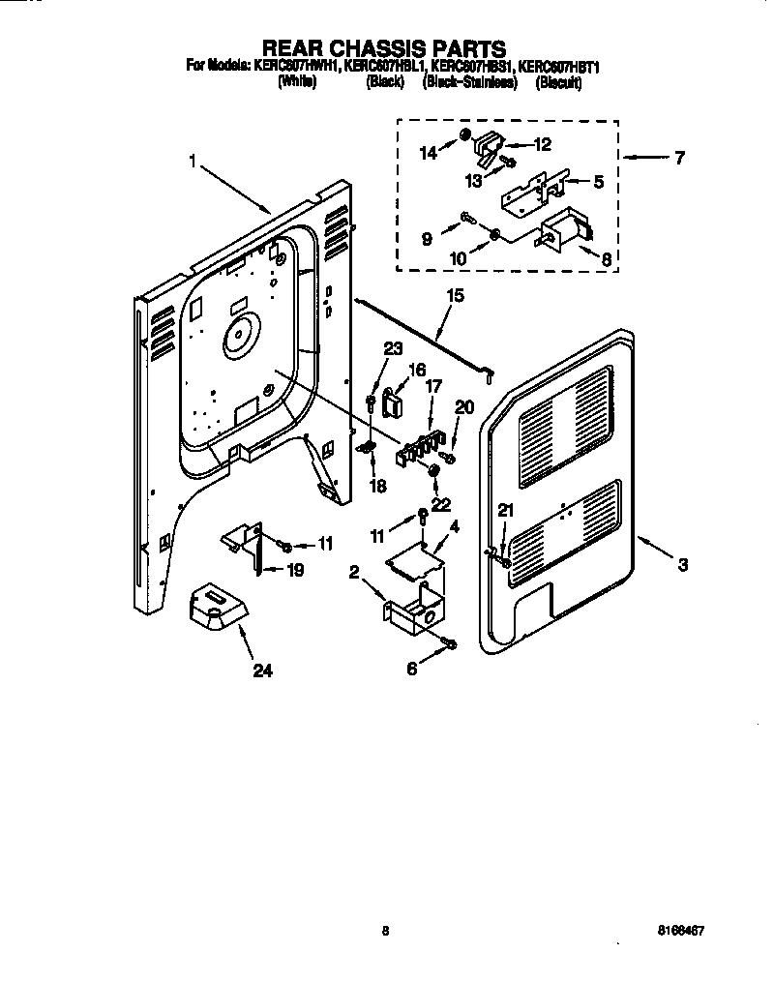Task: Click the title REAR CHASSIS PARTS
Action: [385, 47]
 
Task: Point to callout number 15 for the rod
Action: [454, 296]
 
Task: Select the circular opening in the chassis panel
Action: [236, 338]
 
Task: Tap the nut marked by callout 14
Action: [465, 133]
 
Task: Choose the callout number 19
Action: [295, 571]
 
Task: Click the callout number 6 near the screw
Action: [413, 668]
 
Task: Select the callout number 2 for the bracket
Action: [355, 573]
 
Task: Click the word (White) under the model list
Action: [297, 83]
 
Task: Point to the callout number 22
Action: [441, 504]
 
